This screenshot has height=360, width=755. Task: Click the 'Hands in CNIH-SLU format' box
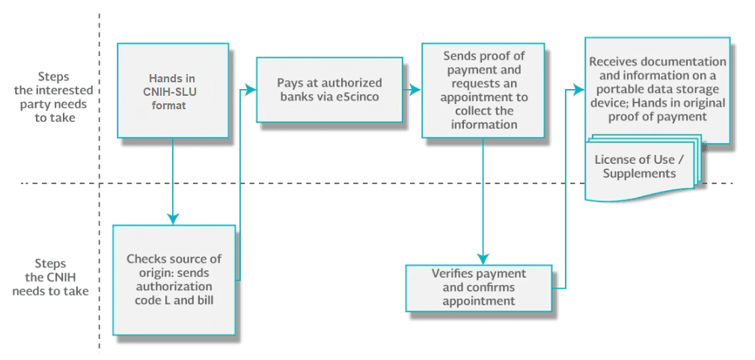173,91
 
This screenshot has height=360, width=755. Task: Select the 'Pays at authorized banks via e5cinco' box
329,90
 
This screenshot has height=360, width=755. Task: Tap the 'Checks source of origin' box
174,280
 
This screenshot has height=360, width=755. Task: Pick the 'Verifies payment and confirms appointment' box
479,287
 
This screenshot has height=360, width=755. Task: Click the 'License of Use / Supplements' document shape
641,168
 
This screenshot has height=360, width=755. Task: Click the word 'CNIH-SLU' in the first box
172,91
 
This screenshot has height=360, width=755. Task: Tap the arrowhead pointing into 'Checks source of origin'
173,219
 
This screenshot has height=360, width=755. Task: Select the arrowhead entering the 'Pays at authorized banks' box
250,89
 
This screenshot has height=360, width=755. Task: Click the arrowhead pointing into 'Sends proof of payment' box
416,90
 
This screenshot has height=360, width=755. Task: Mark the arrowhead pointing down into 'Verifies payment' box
483,258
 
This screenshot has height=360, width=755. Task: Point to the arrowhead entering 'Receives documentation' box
578,89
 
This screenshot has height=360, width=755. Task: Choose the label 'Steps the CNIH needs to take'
51,277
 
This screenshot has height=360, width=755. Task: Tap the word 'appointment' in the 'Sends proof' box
484,97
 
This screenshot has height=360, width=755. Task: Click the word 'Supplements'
640,173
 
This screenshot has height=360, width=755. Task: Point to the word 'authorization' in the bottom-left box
174,287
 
